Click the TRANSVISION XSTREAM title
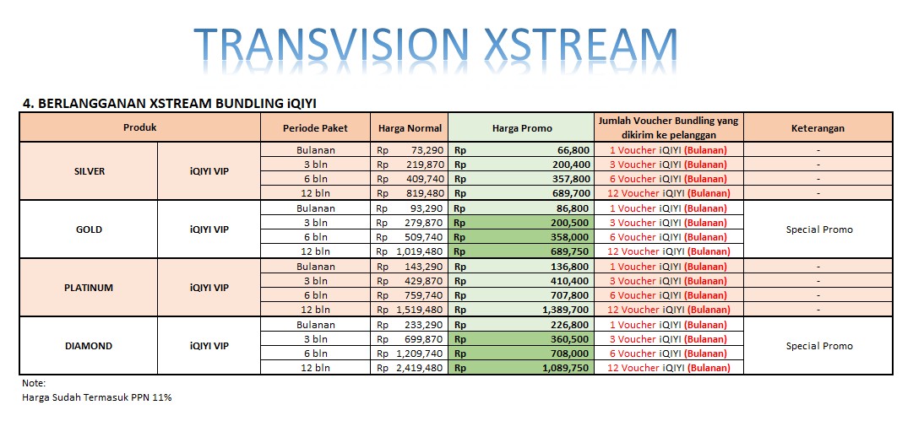[436, 45]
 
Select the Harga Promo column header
[521, 128]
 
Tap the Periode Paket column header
[315, 128]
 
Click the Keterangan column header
[818, 128]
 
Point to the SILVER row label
[90, 171]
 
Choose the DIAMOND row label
[89, 346]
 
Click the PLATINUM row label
[89, 288]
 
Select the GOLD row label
[89, 229]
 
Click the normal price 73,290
[427, 150]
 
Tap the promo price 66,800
[573, 150]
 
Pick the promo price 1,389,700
[566, 310]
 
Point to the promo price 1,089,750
[566, 368]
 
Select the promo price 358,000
[571, 237]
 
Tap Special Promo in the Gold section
[819, 229]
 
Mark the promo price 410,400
[571, 281]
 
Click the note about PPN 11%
[96, 397]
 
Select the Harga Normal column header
[410, 128]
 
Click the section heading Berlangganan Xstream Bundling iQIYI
[170, 104]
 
